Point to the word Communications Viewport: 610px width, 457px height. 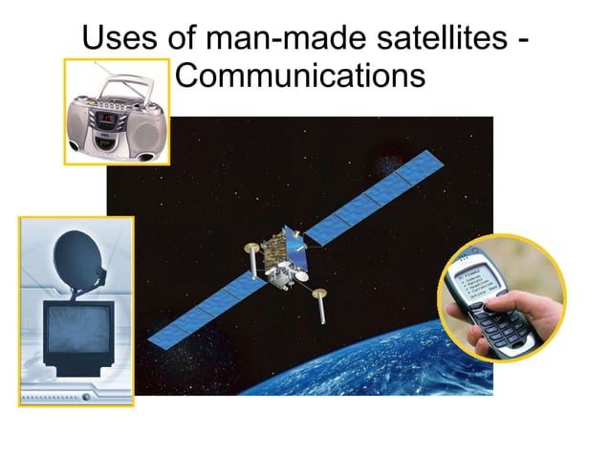pos(300,75)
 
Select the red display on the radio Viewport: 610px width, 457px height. pos(109,119)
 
